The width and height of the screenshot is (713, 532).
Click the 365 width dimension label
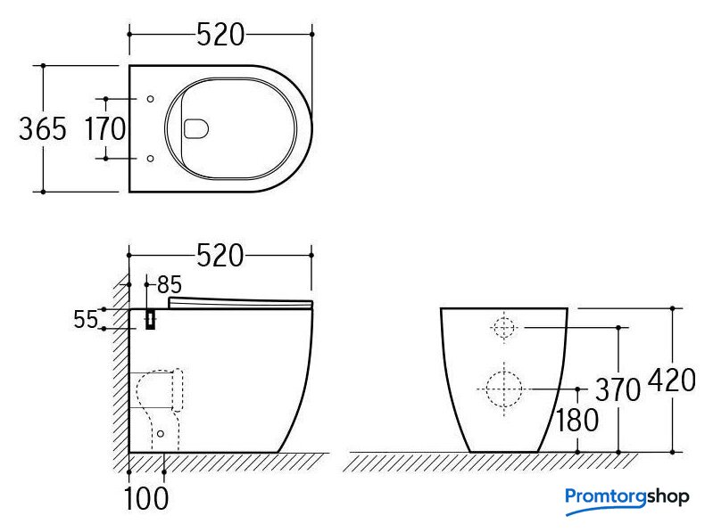point(43,129)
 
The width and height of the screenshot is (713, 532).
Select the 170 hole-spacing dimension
point(105,129)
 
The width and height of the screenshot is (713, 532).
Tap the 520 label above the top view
point(220,35)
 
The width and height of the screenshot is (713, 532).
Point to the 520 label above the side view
point(220,256)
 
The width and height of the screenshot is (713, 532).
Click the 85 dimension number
point(170,285)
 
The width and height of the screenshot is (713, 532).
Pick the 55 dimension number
point(86,320)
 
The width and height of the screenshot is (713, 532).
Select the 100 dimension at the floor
point(146,498)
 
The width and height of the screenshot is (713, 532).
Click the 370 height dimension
point(618,389)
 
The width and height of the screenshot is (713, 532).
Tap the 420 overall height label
point(672,380)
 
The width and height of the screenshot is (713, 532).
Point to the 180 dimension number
point(577,421)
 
